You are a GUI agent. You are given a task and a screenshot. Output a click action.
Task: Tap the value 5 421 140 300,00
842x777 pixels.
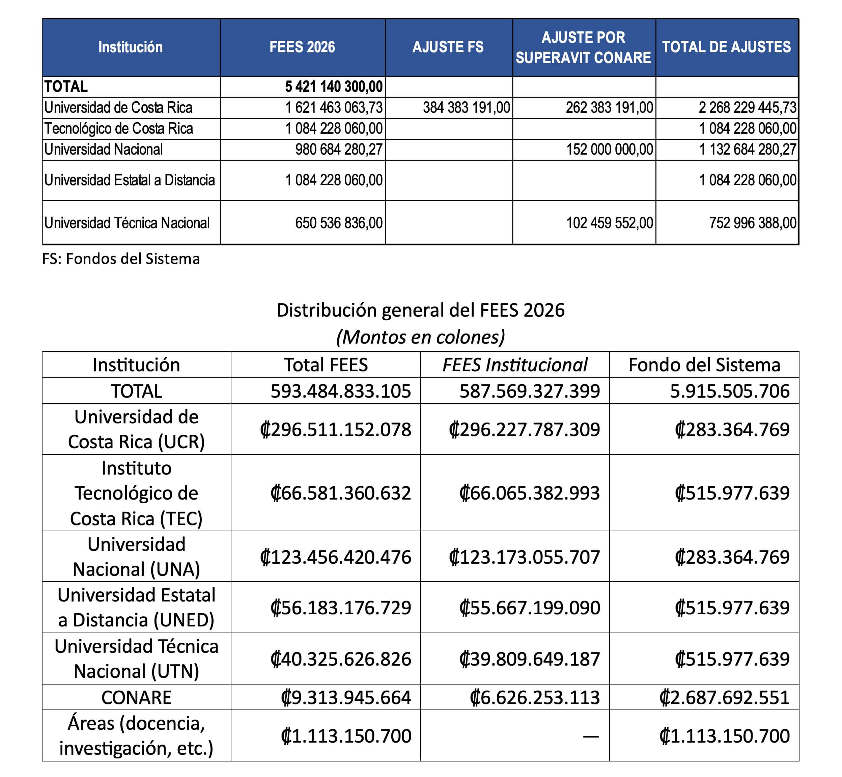[334, 87]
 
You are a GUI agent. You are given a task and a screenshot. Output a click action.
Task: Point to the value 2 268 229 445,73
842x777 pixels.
[747, 108]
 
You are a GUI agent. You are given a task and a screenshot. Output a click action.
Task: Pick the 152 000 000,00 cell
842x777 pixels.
[609, 149]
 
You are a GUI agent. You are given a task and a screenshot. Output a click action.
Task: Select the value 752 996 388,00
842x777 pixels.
[753, 223]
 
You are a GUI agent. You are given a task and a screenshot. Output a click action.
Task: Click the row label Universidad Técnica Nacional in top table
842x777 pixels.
[127, 223]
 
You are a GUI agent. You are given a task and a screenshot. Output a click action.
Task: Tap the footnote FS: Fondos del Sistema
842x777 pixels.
[121, 259]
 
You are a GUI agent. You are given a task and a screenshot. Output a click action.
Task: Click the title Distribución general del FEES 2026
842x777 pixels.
[420, 310]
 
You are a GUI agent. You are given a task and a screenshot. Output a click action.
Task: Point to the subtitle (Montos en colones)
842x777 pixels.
[420, 337]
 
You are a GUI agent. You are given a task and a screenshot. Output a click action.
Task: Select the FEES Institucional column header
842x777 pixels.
[515, 365]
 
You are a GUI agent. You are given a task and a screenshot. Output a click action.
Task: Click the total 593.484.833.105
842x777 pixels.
[340, 391]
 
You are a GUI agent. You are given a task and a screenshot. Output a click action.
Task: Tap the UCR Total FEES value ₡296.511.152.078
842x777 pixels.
[335, 429]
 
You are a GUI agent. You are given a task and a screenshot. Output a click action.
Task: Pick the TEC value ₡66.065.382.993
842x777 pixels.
[529, 493]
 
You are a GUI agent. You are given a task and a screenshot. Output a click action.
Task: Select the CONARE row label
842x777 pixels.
[136, 698]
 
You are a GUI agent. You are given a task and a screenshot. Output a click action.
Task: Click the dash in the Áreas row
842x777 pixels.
[590, 736]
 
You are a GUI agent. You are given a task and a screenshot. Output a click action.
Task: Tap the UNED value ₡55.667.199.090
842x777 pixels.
[529, 608]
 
